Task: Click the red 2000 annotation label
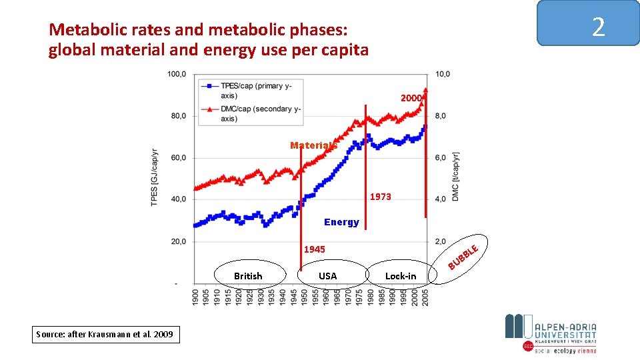point(411,98)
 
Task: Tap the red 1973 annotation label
point(381,197)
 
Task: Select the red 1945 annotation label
point(315,249)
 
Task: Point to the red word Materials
point(313,145)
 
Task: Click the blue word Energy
point(341,222)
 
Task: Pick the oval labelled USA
point(328,275)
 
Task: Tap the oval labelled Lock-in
point(401,275)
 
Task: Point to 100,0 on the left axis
point(177,74)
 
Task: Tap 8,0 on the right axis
point(442,116)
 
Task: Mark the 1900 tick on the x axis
point(195,297)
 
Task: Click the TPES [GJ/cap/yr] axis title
point(155,178)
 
